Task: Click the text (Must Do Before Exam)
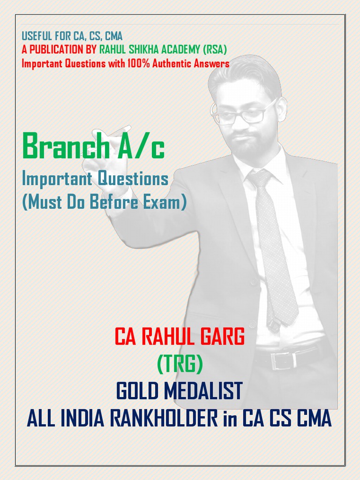tap(104, 202)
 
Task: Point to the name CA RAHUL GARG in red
tap(180, 337)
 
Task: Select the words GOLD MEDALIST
tap(180, 391)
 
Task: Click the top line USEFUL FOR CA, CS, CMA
tap(72, 36)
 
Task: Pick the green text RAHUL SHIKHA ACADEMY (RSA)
tap(163, 50)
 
